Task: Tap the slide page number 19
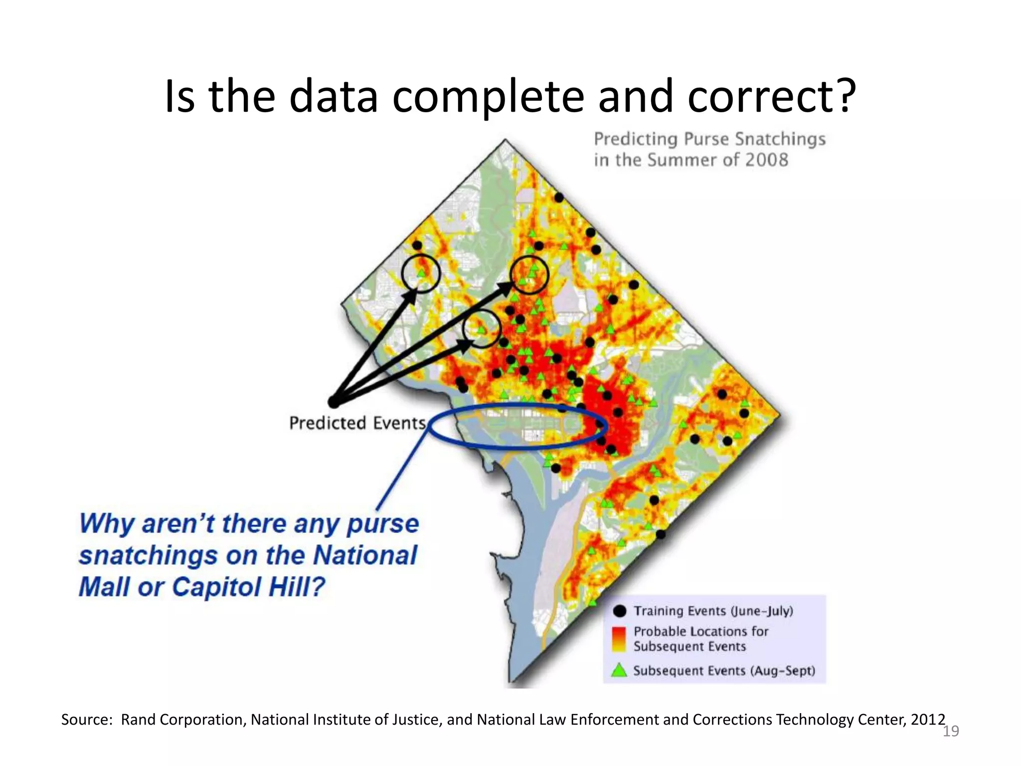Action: coord(951,731)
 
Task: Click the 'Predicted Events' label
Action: coord(357,423)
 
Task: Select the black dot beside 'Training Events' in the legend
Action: coord(620,611)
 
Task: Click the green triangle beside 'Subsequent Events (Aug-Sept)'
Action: coord(619,670)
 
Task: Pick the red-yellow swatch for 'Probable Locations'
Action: coord(619,639)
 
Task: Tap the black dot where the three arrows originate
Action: coord(333,402)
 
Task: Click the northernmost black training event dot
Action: coord(559,198)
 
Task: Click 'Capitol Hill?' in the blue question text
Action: coord(249,586)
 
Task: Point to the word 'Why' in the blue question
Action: coord(107,524)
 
